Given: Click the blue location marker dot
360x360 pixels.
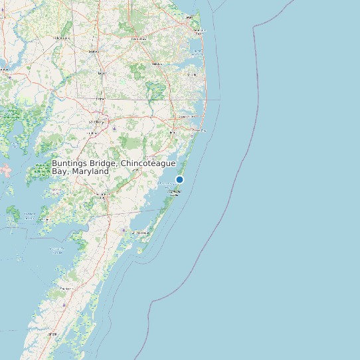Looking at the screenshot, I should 179,179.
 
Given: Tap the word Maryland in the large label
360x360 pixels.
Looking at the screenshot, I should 92,171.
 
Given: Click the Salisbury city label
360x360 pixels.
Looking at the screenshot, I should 97,122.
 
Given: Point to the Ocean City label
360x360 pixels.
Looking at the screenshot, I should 197,131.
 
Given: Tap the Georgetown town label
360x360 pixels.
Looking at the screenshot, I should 139,39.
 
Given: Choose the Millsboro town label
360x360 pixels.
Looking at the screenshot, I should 157,64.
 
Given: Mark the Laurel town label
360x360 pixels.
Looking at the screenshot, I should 102,72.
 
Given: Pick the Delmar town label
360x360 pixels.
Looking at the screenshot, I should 100,98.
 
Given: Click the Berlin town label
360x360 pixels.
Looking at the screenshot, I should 173,133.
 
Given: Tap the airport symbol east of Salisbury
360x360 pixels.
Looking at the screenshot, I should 115,127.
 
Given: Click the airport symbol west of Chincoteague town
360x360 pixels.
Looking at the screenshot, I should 125,230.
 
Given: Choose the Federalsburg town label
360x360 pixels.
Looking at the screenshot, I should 63,38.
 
